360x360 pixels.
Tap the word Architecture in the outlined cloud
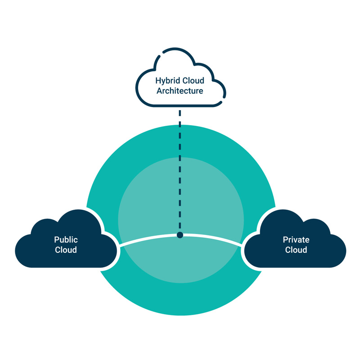pos(180,91)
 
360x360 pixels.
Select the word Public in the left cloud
pos(66,240)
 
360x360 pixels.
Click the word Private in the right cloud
pos(296,240)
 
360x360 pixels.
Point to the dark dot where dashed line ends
pos(180,235)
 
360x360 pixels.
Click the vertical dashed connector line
pos(180,171)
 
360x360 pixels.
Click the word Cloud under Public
pos(66,250)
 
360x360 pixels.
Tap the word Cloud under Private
pos(296,250)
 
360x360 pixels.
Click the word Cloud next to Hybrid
pos(193,81)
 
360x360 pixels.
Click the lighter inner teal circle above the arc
pos(148,198)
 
